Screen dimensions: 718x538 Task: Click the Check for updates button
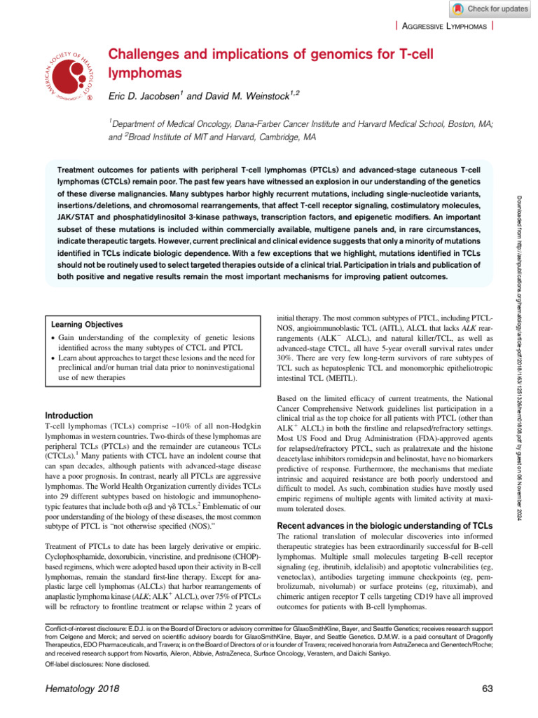tap(488, 9)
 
